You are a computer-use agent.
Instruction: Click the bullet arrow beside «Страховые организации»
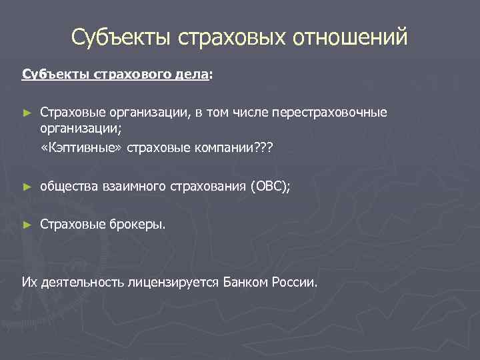[27, 111]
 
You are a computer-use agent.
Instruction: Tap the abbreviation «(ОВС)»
[270, 188]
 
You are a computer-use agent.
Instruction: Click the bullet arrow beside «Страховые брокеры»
[27, 225]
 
